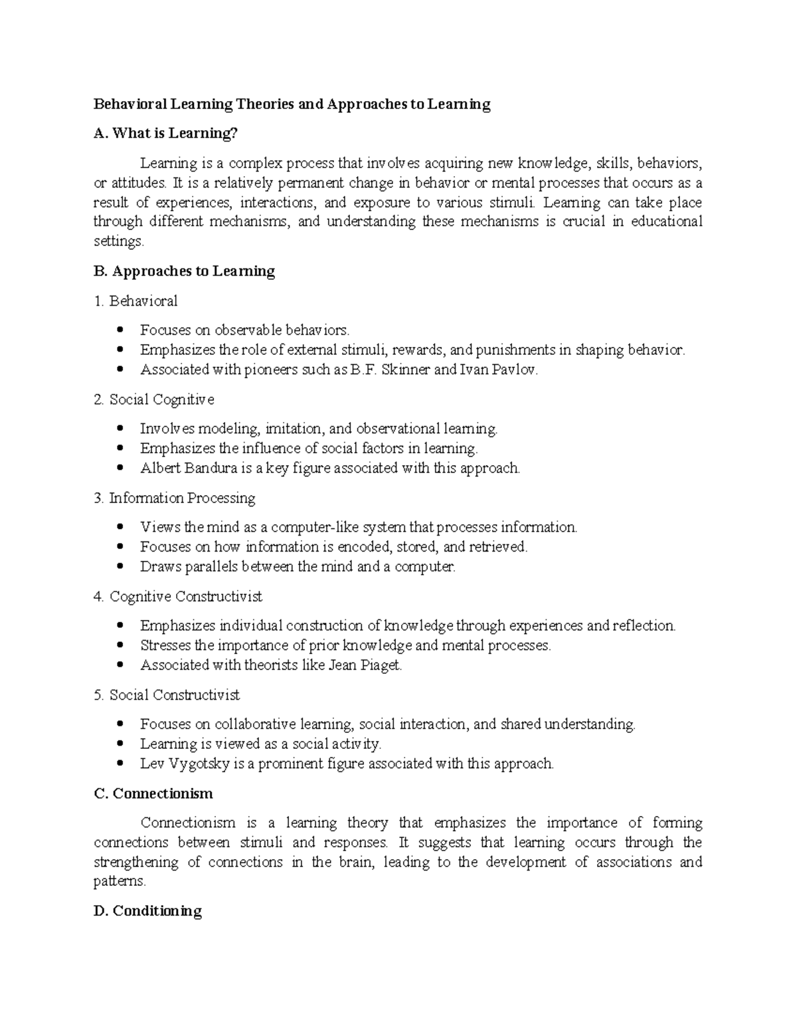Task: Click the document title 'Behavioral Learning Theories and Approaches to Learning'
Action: [x=292, y=104]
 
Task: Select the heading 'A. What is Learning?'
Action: [x=165, y=134]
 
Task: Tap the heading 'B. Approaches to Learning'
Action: [x=184, y=271]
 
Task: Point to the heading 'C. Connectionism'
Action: [x=153, y=793]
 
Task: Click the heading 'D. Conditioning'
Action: [x=147, y=910]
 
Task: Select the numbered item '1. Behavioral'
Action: [x=135, y=301]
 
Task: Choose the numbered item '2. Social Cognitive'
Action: [x=154, y=399]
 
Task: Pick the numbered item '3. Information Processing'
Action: [x=175, y=498]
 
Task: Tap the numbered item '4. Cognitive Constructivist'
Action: [x=178, y=596]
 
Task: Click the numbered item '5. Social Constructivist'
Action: [x=167, y=694]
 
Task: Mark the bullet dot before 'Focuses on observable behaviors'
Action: [x=120, y=330]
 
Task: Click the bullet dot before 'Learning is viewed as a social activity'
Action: [x=120, y=744]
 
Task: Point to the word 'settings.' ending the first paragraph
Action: [x=118, y=242]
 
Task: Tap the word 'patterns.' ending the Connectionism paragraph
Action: [x=120, y=882]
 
